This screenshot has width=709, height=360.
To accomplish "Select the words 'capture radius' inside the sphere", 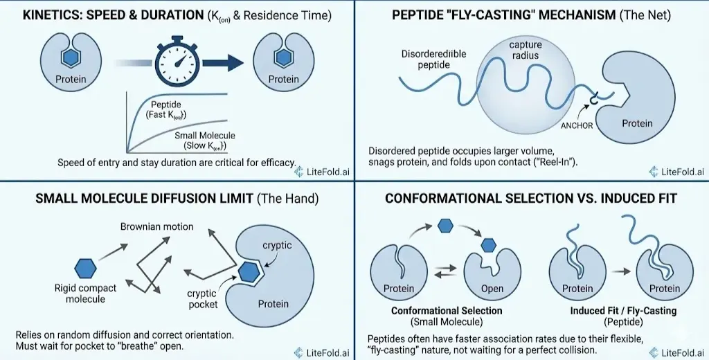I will pyautogui.click(x=526, y=51).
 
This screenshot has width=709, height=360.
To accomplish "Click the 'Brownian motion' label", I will pyautogui.click(x=156, y=226).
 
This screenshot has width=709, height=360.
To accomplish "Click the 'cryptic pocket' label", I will pyautogui.click(x=203, y=299).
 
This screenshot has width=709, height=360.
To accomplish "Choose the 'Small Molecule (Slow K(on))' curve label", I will pyautogui.click(x=204, y=141).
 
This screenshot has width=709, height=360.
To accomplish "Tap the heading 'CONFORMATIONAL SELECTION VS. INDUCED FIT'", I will pyautogui.click(x=530, y=199).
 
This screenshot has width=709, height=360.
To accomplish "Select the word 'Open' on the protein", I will pyautogui.click(x=492, y=289).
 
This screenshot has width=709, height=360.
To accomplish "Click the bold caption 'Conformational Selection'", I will pyautogui.click(x=447, y=311).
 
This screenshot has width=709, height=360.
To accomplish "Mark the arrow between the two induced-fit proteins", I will pyautogui.click(x=619, y=272).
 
